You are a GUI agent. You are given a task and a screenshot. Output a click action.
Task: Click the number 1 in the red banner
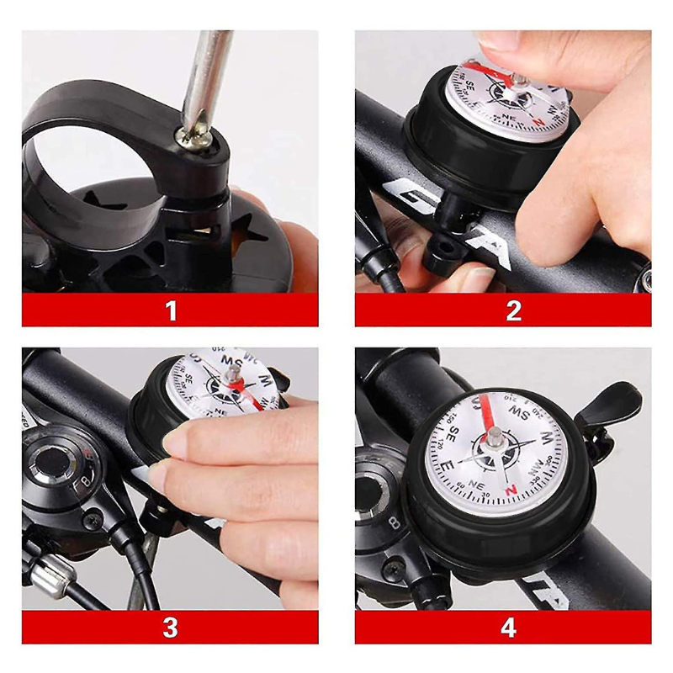[172, 310]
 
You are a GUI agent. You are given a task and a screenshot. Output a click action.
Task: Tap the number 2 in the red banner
[513, 310]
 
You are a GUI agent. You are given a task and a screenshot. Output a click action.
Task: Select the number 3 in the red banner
[171, 628]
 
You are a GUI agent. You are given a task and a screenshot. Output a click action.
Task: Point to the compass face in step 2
[505, 97]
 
